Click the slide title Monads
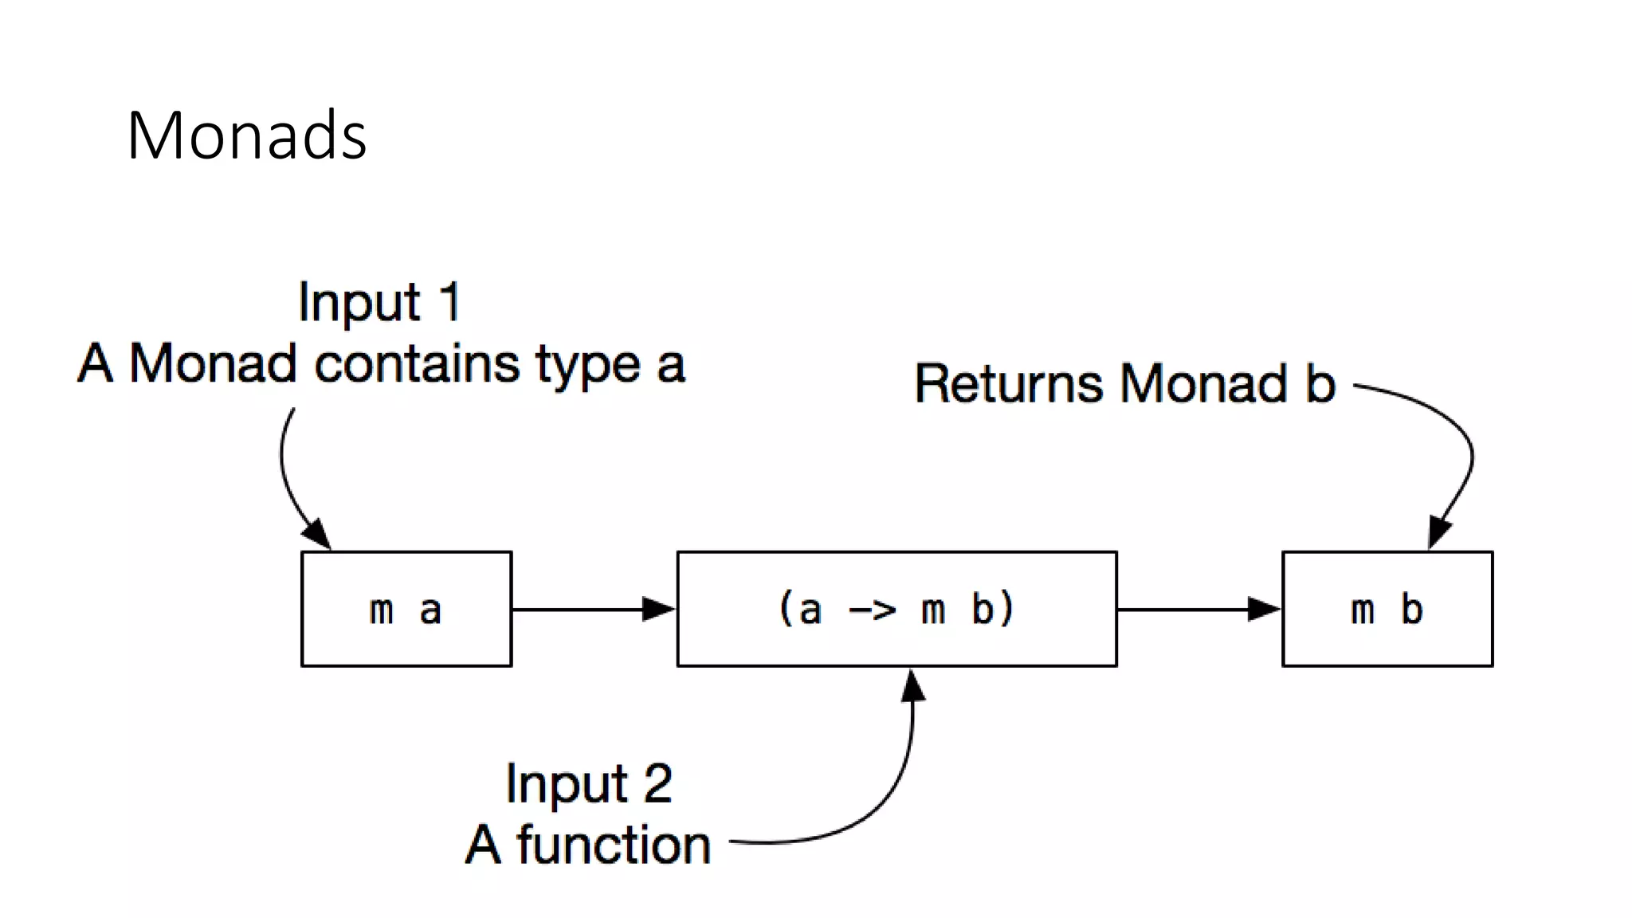tap(246, 135)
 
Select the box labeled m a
tap(406, 609)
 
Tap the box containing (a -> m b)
tap(896, 609)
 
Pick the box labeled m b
tap(1387, 609)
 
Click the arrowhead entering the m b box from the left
tap(1263, 610)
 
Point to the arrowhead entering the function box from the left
tap(658, 610)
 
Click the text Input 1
tap(379, 303)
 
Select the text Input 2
tap(589, 784)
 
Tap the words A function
tap(588, 845)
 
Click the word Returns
tap(1009, 384)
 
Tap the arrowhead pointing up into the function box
tap(913, 685)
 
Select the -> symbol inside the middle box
tap(873, 611)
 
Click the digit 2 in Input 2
tap(657, 784)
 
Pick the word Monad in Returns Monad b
tap(1204, 384)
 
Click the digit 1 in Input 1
tap(450, 303)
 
